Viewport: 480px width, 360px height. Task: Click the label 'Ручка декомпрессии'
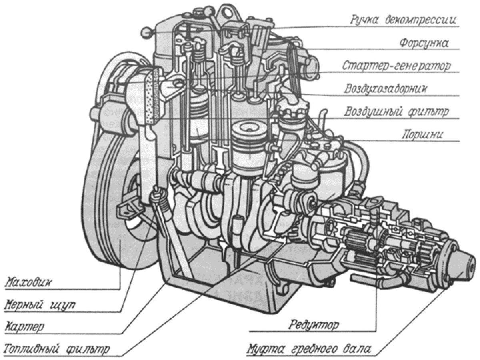tap(403, 20)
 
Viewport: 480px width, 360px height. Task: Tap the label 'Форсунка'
tap(424, 43)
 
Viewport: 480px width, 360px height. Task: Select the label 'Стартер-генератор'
tap(396, 66)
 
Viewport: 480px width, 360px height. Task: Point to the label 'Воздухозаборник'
tap(386, 89)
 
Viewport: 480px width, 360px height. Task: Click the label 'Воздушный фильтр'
tap(396, 112)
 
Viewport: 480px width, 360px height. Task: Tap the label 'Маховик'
tap(28, 283)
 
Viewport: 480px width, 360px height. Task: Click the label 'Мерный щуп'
tap(40, 304)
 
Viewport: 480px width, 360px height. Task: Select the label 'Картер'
tap(24, 326)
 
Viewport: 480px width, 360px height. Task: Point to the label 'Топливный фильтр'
tap(57, 349)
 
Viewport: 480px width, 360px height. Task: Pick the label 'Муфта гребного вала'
tap(309, 349)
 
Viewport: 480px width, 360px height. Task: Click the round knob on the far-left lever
tap(146, 33)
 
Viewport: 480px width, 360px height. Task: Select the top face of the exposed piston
tap(249, 129)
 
